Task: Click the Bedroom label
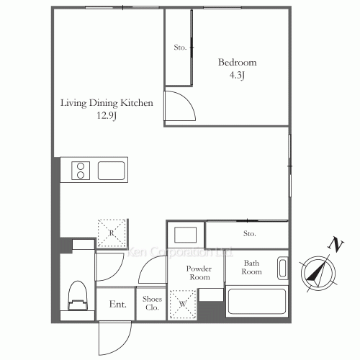pos(237,63)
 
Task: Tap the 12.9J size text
pos(107,116)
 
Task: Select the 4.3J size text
pos(237,76)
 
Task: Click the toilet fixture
pos(78,296)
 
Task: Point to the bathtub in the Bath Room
pos(257,302)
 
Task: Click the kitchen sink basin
pos(111,171)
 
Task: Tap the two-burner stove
pos(81,171)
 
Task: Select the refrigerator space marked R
pos(112,233)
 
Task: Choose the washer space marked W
pos(183,304)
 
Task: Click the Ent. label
pos(117,305)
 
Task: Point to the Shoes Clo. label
pos(152,303)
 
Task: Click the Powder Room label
pos(199,273)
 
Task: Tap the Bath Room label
pos(251,267)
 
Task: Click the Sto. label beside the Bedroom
pos(180,48)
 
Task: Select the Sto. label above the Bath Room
pos(250,233)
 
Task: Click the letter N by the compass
pos(336,244)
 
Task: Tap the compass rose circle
pos(318,274)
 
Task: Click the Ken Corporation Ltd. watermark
pos(179,252)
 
